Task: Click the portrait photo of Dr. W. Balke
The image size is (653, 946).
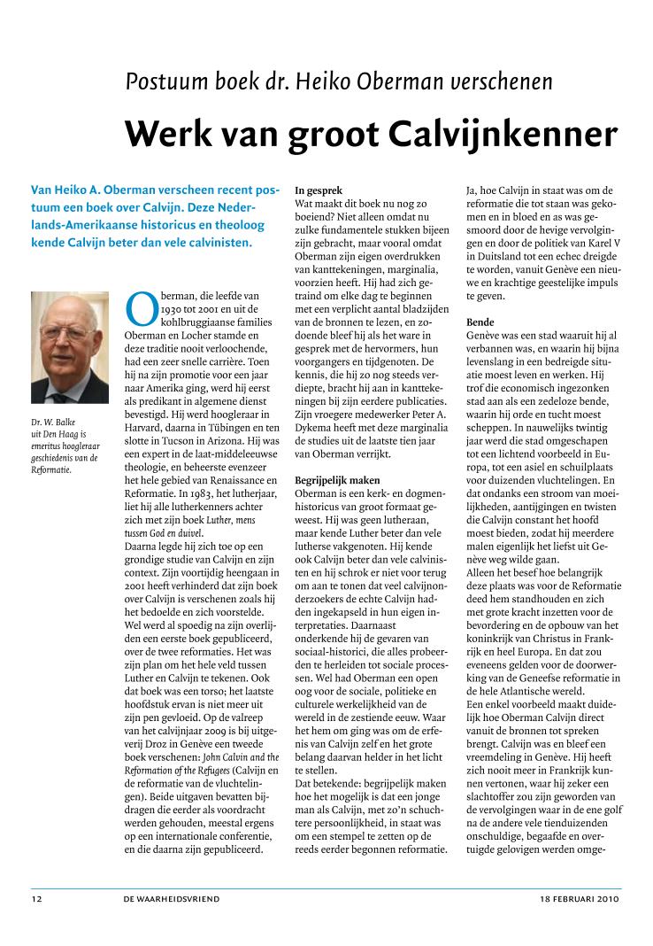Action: tap(70, 347)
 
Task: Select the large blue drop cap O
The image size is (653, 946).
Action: tap(142, 307)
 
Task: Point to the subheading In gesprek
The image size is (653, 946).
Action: tap(319, 190)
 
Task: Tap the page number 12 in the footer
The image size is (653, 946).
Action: tap(36, 899)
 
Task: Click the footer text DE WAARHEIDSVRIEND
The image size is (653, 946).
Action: tap(172, 899)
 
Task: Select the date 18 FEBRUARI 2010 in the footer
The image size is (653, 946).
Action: tap(580, 899)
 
